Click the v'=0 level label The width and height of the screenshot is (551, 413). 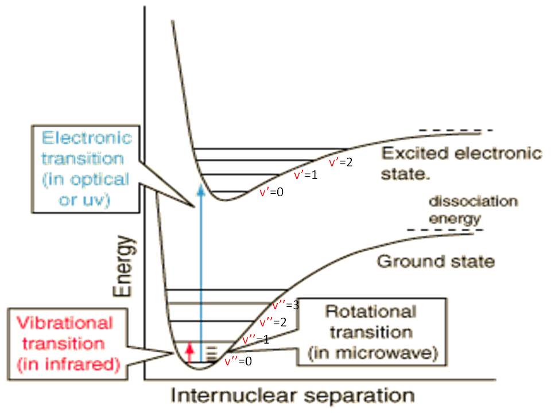coord(271,192)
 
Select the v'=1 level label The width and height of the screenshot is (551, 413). coord(306,174)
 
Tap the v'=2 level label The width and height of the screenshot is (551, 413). coord(340,162)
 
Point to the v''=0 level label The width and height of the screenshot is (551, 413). coord(238,361)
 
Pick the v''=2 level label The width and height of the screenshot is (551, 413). coord(273,322)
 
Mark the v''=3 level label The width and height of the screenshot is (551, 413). coord(286,305)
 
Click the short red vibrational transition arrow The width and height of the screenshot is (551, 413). coord(190,352)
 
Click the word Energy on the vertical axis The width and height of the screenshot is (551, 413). coord(124,266)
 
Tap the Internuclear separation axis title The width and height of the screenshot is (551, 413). coord(293,395)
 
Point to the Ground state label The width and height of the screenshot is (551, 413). coord(436,262)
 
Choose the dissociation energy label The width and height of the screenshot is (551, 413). coord(474,210)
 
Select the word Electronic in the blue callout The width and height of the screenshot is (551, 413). coord(87,138)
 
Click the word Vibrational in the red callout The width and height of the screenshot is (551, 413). coord(65,323)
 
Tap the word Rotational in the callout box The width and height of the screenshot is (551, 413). coord(371,311)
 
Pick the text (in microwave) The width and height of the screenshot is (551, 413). coord(373,353)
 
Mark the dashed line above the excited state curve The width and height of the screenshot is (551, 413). coord(455,130)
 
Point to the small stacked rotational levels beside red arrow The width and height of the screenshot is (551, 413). coord(211,353)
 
